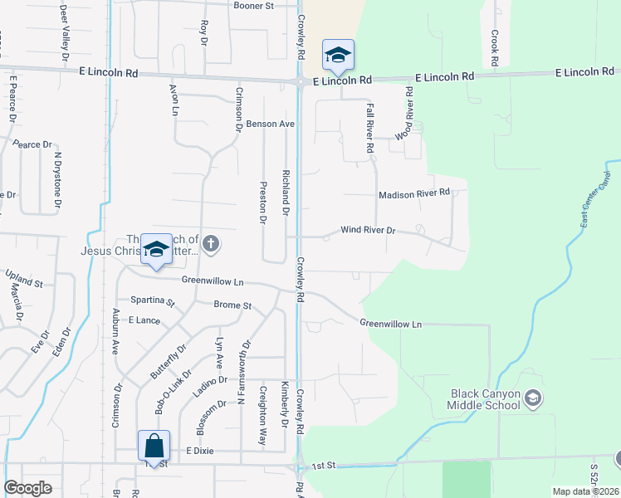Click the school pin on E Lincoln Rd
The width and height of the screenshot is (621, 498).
click(x=338, y=56)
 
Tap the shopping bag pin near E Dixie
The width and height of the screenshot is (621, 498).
click(x=154, y=446)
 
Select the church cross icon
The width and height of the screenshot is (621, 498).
click(x=211, y=243)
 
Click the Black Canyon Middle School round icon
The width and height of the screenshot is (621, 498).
click(x=534, y=399)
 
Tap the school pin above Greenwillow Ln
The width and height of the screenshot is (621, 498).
click(x=156, y=249)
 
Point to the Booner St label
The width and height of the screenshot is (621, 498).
click(x=254, y=6)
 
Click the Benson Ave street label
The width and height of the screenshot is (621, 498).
click(x=271, y=124)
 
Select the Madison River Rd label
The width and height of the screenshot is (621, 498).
click(x=413, y=193)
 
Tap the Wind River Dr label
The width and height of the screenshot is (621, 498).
click(x=368, y=230)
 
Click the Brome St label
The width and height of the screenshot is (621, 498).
click(x=232, y=305)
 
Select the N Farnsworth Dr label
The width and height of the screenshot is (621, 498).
click(x=245, y=371)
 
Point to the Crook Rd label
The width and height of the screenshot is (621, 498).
click(x=494, y=48)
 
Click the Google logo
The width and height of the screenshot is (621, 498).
click(x=27, y=488)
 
